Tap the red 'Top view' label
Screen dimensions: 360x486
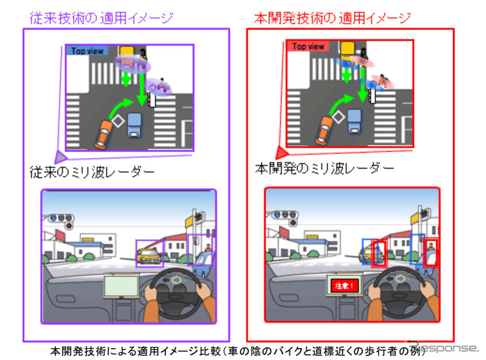[x=308, y=46]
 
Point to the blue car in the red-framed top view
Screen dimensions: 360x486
[x=354, y=120]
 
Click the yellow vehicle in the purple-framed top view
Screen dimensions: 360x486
[x=128, y=50]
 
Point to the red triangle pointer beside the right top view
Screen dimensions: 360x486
[x=282, y=152]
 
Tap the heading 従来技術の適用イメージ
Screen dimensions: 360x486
[x=101, y=18]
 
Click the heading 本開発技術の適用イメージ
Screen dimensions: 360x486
[x=333, y=18]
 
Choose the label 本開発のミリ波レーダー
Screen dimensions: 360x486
[x=324, y=168]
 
